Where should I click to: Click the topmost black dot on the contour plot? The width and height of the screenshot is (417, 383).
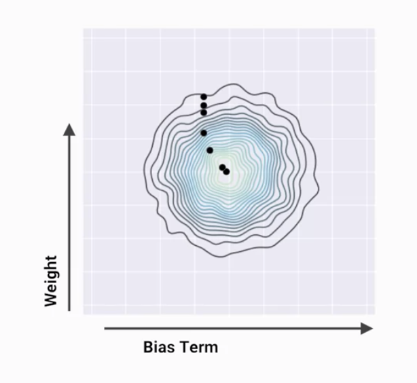(x=204, y=97)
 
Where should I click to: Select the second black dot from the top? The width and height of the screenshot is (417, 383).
(x=204, y=105)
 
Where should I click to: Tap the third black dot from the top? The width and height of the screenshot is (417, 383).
(x=204, y=112)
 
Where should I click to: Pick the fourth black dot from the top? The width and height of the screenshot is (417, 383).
(x=204, y=133)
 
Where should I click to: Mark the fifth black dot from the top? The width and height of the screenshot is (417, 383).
(x=210, y=150)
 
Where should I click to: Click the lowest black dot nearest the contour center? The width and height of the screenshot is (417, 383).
(x=227, y=172)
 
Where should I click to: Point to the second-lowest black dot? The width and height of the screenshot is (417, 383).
(x=222, y=167)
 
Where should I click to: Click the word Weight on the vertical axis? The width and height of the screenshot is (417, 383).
(x=52, y=280)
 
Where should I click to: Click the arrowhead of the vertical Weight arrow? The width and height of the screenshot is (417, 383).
(x=69, y=129)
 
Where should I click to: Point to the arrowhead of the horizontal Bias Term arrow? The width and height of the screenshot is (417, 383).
(x=367, y=329)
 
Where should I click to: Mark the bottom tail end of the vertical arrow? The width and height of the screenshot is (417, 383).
(x=69, y=310)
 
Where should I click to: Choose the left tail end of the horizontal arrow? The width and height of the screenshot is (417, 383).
(x=105, y=329)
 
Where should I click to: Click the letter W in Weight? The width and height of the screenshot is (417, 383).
(x=52, y=299)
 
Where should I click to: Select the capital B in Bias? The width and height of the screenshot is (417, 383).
(x=149, y=347)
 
